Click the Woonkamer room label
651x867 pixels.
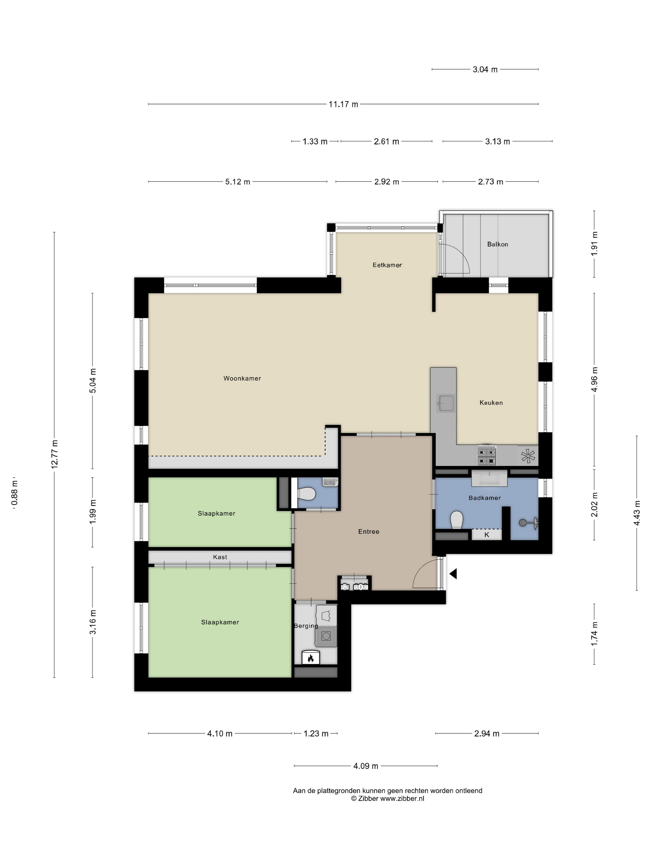242,378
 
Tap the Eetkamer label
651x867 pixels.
387,265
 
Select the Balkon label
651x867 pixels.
498,244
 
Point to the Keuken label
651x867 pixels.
491,403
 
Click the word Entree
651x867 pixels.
369,531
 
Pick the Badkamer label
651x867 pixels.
485,498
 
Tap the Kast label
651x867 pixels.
220,557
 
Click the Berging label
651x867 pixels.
306,626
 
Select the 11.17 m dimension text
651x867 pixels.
343,104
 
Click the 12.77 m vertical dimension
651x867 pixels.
55,454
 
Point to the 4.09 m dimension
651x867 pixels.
366,766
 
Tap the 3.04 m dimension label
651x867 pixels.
485,69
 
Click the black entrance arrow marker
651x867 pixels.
453,574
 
